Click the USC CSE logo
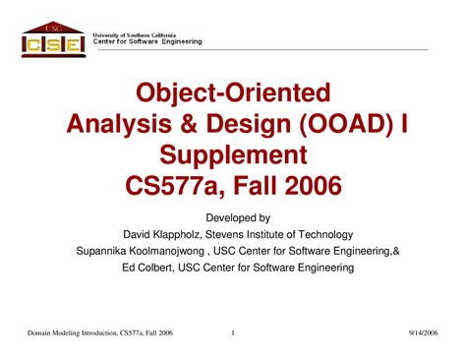tap(48, 38)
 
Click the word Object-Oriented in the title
tap(234, 95)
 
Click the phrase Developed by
tap(234, 216)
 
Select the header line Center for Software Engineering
tap(147, 42)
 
